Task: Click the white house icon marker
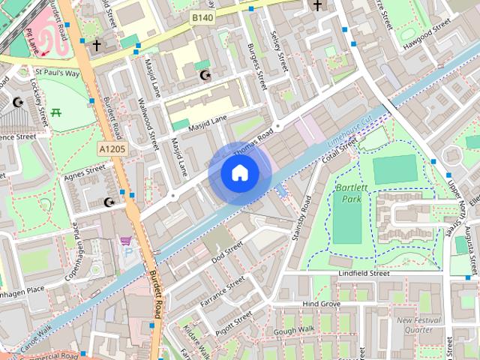tap(239, 173)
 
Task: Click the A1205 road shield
tap(112, 150)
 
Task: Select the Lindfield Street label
tap(363, 274)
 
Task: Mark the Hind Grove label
tap(321, 304)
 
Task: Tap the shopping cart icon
tap(125, 241)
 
